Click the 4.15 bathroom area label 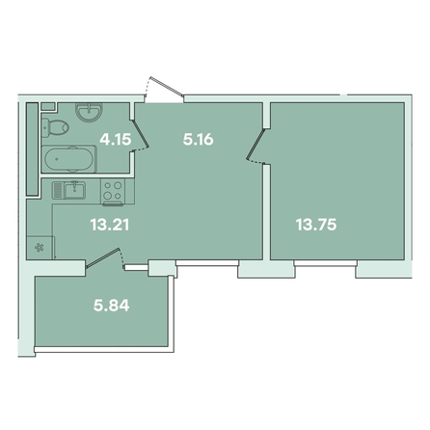(116, 140)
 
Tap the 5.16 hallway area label (198, 140)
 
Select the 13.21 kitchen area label (110, 225)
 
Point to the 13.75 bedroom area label (316, 225)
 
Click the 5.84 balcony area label (112, 306)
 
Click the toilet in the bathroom (55, 127)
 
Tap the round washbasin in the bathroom (89, 112)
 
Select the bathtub (69, 159)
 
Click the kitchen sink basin (75, 190)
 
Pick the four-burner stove (113, 191)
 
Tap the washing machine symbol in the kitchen (40, 247)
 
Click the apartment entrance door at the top (164, 90)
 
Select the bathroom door (141, 136)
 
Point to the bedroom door (255, 146)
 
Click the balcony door (105, 258)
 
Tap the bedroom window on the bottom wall (326, 263)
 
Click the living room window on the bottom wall (207, 263)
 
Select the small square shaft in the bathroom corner (48, 107)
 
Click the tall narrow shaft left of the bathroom (32, 148)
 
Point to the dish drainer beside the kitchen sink (58, 190)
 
